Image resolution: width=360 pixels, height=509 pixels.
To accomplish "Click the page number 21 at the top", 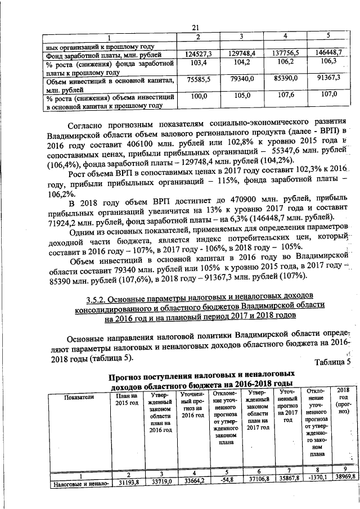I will [x=196, y=28].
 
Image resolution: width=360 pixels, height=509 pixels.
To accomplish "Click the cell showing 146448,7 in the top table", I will [x=328, y=54].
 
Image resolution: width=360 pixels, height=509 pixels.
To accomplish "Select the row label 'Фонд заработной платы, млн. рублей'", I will [x=104, y=56].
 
